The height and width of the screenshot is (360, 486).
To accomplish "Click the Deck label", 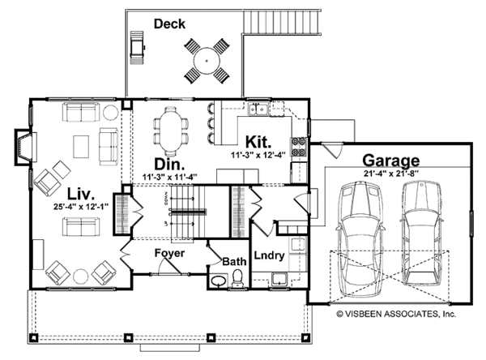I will pos(169,24).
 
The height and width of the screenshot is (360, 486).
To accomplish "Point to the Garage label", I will pos(390,160).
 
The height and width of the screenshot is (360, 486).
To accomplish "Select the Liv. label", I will pos(83,195).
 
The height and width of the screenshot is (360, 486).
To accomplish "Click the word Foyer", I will pos(169,254).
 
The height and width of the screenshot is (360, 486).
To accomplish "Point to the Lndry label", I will pos(269,255).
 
